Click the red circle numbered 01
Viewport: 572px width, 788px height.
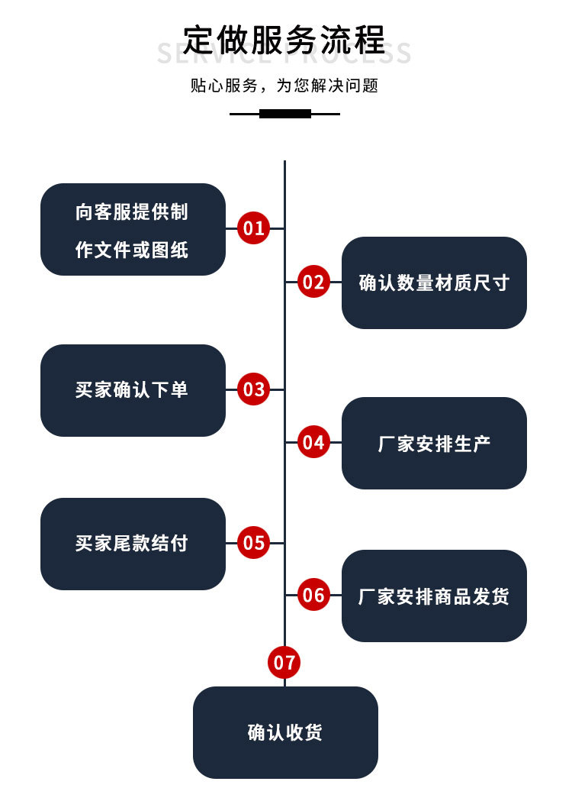pos(254,228)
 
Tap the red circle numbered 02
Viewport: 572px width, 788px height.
pos(313,283)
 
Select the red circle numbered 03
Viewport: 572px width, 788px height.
pos(254,389)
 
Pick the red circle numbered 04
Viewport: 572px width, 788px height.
pos(313,442)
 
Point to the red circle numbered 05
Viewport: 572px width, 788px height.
pos(254,543)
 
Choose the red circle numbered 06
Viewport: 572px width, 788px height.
pos(313,595)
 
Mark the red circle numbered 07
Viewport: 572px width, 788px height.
pos(284,662)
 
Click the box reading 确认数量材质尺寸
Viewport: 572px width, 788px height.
pos(434,283)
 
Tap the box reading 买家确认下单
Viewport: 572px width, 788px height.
pos(133,390)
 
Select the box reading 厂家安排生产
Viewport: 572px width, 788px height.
pos(434,443)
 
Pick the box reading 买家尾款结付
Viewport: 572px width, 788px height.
pos(133,544)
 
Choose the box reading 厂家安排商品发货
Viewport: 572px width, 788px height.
pos(434,596)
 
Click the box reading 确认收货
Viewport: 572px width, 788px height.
pos(285,732)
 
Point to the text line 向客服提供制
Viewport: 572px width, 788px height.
pos(132,212)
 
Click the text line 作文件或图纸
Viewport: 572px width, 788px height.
pos(132,250)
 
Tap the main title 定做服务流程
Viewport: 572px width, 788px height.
pos(284,40)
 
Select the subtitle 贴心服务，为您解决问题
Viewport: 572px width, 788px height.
pos(284,86)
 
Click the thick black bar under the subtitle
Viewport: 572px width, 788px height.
pos(285,114)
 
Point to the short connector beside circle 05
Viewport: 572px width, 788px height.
pos(231,543)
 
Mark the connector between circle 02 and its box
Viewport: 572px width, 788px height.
pos(336,283)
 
